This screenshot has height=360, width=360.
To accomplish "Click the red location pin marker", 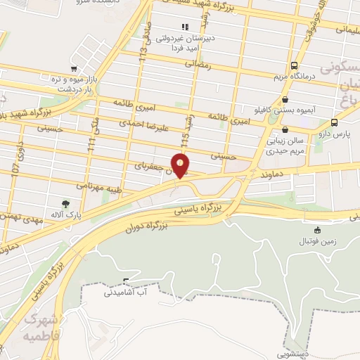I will (x=181, y=166).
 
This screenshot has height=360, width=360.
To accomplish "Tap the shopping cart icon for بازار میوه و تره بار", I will (x=74, y=69).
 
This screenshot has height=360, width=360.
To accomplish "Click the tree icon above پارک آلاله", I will (x=65, y=203).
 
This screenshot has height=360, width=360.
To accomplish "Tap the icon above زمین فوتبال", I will (x=317, y=229).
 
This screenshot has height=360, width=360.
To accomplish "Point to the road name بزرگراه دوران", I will (x=150, y=228).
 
